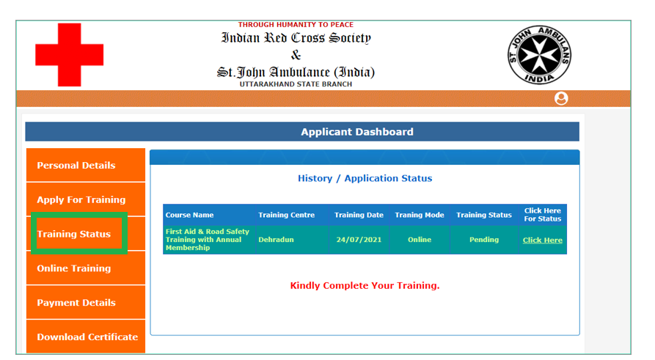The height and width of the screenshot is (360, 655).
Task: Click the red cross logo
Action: [70, 55]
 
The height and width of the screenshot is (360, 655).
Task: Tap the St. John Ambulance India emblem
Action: [539, 55]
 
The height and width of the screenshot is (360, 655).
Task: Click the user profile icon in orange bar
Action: [561, 98]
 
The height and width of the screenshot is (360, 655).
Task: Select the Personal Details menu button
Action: [86, 165]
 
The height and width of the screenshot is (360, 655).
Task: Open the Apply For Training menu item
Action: [86, 199]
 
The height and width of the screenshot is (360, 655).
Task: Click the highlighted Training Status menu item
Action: [79, 234]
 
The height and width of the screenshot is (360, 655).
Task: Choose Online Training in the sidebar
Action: [86, 268]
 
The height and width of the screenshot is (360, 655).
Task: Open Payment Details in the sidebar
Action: [86, 302]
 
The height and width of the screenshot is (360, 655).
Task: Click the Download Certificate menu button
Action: [86, 337]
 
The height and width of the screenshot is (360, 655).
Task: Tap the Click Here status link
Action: [542, 240]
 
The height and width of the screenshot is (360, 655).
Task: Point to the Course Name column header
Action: [189, 215]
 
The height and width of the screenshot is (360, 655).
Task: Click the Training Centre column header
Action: [286, 215]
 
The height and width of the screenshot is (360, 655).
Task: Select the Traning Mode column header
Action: [420, 215]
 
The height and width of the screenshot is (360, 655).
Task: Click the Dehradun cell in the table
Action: [276, 240]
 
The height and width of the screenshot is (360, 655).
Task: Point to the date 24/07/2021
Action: [359, 240]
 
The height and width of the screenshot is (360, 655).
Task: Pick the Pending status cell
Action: [483, 240]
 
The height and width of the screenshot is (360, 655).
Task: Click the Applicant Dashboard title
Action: [357, 132]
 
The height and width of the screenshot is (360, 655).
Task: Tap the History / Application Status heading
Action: [365, 178]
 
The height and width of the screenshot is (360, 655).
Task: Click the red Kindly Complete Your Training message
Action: [365, 286]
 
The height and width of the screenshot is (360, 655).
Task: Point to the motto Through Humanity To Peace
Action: [296, 25]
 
